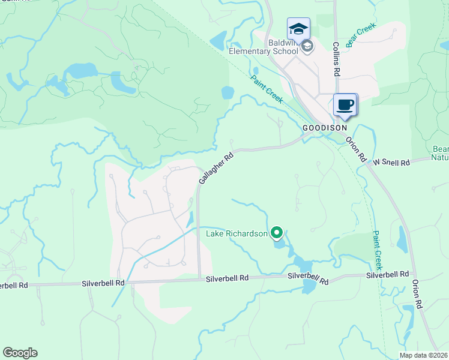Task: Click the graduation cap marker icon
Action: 298,29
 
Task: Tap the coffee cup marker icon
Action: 345,105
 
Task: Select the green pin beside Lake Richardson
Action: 277,232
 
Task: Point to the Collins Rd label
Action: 337,59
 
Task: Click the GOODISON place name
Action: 324,128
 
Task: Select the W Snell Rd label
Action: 391,163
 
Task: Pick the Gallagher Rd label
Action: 215,167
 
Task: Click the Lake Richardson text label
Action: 237,233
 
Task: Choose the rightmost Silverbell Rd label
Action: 388,275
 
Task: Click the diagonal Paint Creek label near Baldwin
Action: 267,89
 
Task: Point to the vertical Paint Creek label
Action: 378,250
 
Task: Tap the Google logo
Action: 20,353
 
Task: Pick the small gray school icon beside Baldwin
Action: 307,46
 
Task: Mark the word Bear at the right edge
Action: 441,149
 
